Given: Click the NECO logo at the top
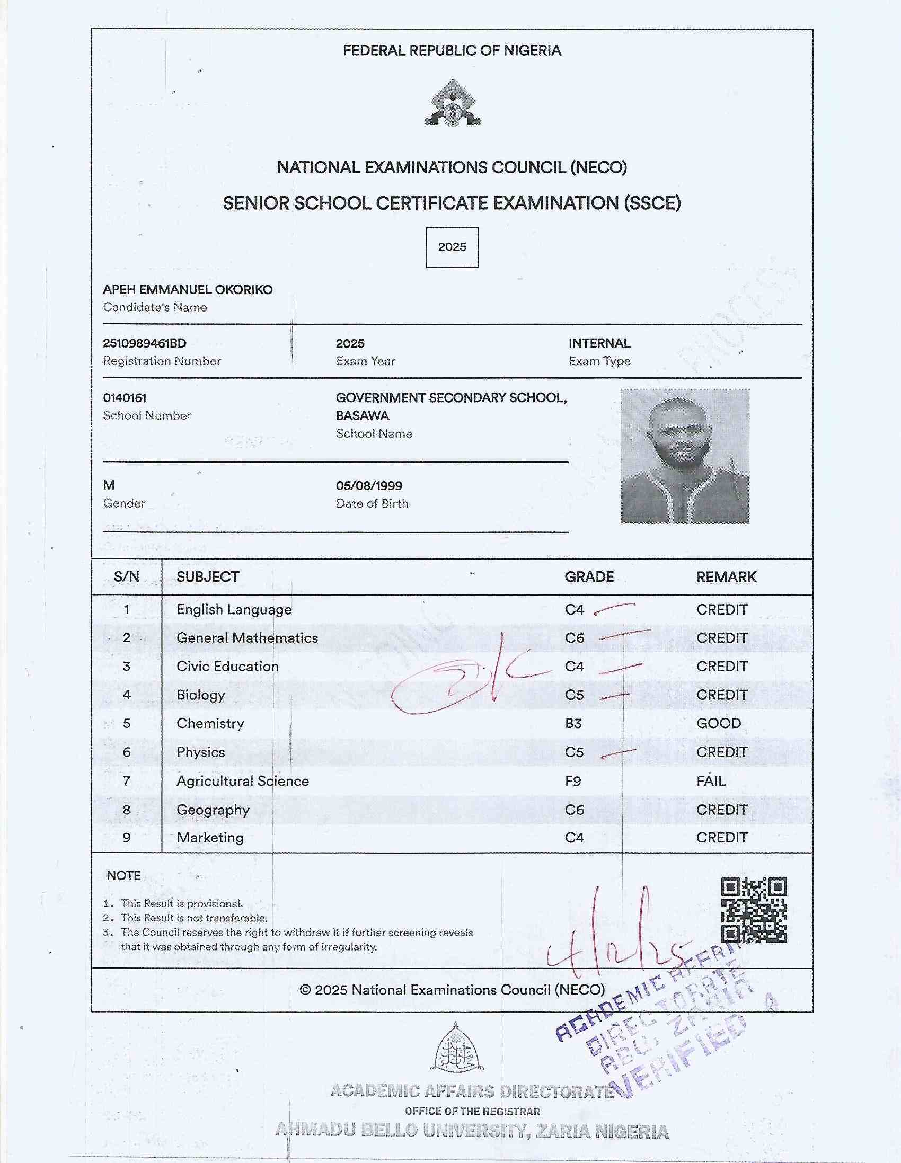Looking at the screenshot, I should (x=453, y=104).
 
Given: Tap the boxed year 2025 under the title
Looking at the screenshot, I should (x=452, y=247).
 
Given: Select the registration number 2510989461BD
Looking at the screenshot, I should (x=144, y=343).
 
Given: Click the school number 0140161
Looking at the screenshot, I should (x=125, y=398).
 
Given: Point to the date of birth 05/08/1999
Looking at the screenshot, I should (x=369, y=486).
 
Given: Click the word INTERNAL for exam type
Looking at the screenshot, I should (x=599, y=343).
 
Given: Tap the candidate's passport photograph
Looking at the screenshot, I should (x=685, y=456).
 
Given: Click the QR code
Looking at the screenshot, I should (x=754, y=910).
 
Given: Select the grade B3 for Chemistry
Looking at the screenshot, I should (x=573, y=723).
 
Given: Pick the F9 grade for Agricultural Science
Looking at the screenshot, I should (x=573, y=781).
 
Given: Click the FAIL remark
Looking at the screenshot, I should (x=711, y=781).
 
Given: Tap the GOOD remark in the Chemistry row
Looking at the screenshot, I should (x=718, y=723).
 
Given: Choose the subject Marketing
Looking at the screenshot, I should (x=210, y=838).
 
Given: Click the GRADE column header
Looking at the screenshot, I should (x=589, y=576).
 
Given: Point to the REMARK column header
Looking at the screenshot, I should (x=726, y=576).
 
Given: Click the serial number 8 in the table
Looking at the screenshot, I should (x=126, y=810).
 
